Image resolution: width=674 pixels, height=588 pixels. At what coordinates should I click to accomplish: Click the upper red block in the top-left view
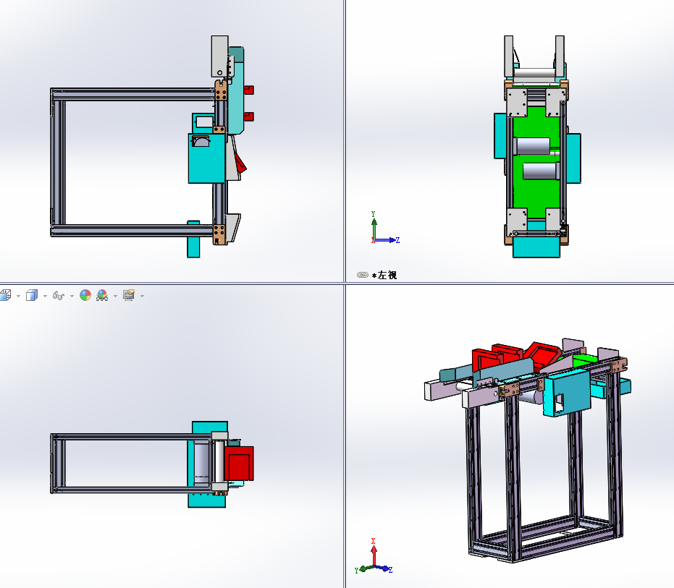coord(249,90)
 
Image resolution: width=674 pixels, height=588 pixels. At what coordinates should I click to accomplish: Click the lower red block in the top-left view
coord(249,116)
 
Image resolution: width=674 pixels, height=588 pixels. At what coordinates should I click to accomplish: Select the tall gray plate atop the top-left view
coord(219,56)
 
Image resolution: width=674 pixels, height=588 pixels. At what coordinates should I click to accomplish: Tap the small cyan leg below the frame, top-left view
coord(193,239)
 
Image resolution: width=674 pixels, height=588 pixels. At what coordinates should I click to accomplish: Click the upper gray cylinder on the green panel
coord(532,146)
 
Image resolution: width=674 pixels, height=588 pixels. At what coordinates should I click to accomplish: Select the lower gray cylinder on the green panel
coord(540,171)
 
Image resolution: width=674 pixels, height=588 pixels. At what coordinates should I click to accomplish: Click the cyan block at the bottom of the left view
coord(536,246)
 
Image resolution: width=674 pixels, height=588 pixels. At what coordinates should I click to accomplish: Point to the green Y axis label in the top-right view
coord(373,214)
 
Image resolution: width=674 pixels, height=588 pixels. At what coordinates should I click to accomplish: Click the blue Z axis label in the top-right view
coord(398,241)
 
